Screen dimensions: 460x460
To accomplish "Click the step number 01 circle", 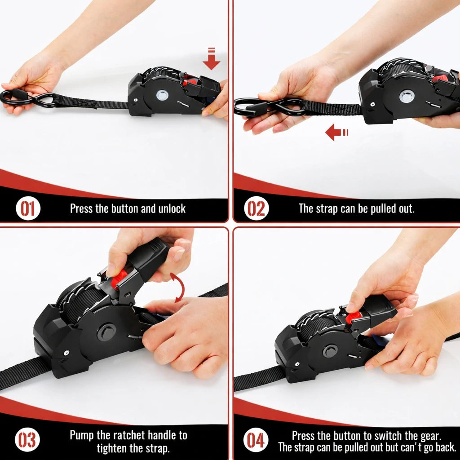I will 28,209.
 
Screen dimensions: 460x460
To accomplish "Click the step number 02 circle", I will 257,209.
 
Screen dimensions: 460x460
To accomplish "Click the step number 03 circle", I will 28,440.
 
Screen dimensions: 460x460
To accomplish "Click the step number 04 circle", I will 256,440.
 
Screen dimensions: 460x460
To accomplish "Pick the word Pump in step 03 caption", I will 82,435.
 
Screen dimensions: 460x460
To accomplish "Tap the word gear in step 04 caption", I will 429,435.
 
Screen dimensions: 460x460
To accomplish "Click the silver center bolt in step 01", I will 163,95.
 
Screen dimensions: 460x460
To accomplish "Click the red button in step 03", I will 119,279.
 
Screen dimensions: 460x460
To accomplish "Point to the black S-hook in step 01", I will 27,98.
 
